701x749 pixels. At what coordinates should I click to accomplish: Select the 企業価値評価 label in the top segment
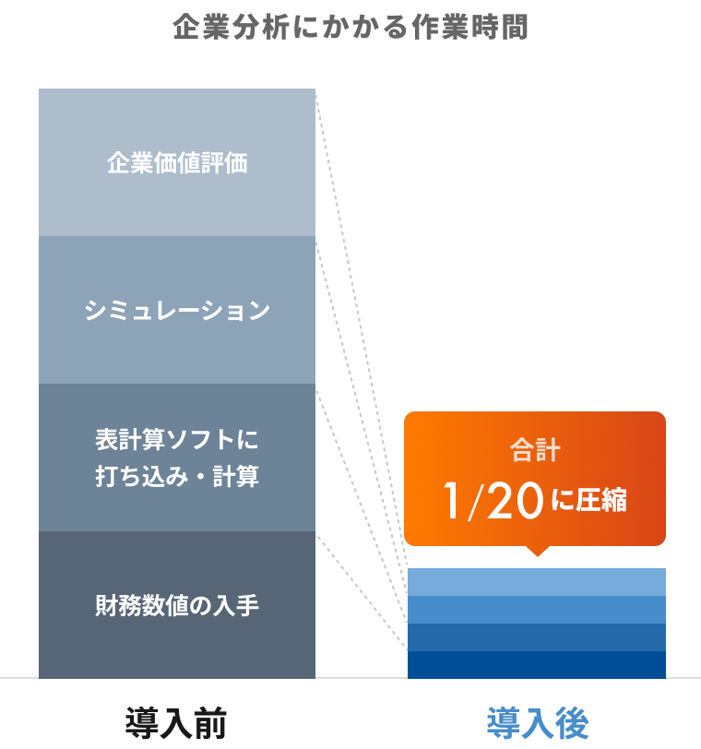(x=177, y=163)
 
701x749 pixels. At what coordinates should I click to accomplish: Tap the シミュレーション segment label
(x=177, y=311)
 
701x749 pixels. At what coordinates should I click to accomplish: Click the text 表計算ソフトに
(x=177, y=437)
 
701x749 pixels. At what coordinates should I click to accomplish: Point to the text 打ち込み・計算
(x=177, y=477)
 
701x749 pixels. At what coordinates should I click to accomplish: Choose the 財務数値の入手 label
(x=177, y=606)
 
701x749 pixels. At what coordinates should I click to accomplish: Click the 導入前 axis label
(x=176, y=721)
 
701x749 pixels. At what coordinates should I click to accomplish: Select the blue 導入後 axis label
(x=537, y=721)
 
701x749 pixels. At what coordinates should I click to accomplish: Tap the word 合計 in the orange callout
(x=535, y=452)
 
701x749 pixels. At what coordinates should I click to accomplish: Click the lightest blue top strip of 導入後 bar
(x=536, y=582)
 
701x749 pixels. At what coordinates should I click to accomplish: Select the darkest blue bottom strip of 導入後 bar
(x=536, y=665)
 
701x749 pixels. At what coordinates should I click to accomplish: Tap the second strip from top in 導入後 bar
(x=536, y=610)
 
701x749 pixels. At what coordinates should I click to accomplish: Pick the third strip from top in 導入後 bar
(x=536, y=637)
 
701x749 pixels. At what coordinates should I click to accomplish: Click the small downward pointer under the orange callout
(x=536, y=551)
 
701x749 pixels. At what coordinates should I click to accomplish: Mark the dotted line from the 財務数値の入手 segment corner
(x=362, y=590)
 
